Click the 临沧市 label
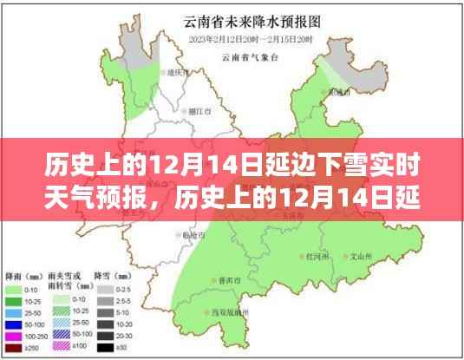click(x=191, y=235)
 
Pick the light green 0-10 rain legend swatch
click(x=14, y=289)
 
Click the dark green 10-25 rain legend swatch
click(x=14, y=300)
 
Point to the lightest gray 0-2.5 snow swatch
click(x=105, y=289)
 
